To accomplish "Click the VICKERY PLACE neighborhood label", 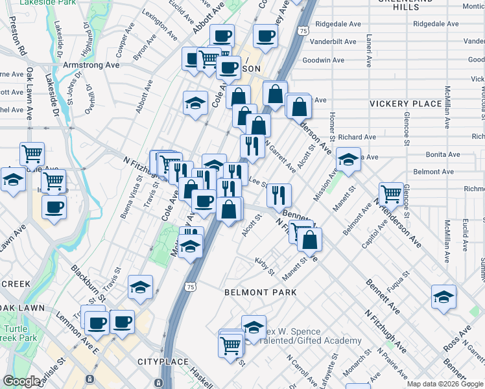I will pyautogui.click(x=405, y=104).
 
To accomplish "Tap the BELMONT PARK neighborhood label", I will pyautogui.click(x=261, y=292).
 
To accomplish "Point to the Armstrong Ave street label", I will pyautogui.click(x=91, y=65).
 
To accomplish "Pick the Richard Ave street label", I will pyautogui.click(x=357, y=137).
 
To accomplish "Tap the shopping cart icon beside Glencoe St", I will pyautogui.click(x=390, y=193).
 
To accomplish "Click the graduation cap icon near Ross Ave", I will pyautogui.click(x=444, y=296).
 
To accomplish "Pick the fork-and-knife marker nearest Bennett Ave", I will pyautogui.click(x=279, y=194).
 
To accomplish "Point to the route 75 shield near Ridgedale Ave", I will pyautogui.click(x=303, y=31).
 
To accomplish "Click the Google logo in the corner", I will pyautogui.click(x=21, y=381).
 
